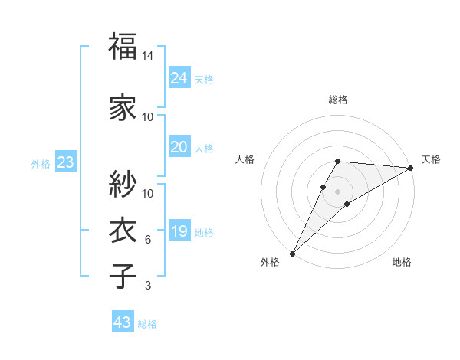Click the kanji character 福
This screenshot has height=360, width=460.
click(x=123, y=47)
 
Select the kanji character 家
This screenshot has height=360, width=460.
click(x=123, y=107)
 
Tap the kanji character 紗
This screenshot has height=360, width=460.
click(x=123, y=184)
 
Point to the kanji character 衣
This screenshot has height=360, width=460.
click(x=123, y=231)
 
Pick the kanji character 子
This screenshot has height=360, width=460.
click(x=123, y=277)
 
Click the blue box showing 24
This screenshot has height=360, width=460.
click(x=179, y=77)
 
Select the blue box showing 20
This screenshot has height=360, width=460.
click(x=179, y=147)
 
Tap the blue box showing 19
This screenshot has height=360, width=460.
click(x=179, y=231)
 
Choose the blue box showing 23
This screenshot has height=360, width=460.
click(x=65, y=162)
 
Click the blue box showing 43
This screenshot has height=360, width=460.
click(x=122, y=322)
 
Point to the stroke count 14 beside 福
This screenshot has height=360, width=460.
click(x=148, y=57)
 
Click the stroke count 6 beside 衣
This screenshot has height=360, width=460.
click(x=148, y=240)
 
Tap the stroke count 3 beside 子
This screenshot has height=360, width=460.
click(x=148, y=286)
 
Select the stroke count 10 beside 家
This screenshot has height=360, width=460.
click(x=148, y=116)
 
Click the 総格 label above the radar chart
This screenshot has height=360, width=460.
click(x=338, y=100)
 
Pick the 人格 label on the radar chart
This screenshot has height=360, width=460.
click(x=245, y=159)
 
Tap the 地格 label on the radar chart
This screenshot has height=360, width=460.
click(x=402, y=262)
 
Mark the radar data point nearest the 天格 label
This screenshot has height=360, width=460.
click(x=411, y=169)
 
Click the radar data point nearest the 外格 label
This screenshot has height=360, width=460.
click(x=292, y=253)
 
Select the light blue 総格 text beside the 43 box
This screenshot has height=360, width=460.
click(x=147, y=324)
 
